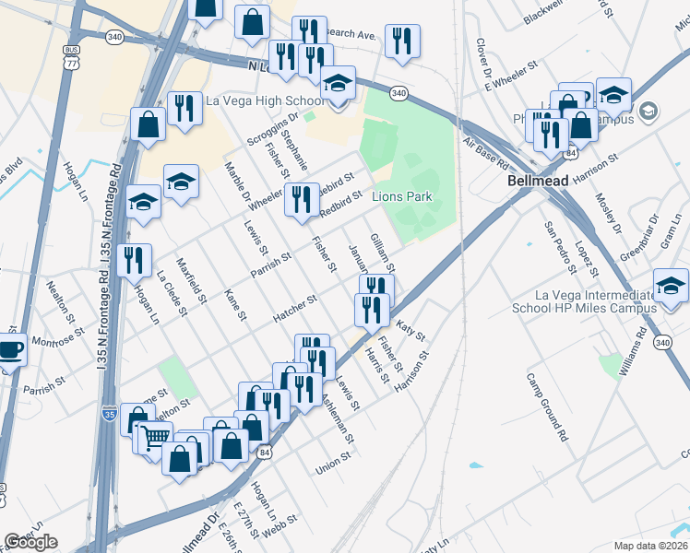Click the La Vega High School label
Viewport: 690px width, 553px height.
point(265,100)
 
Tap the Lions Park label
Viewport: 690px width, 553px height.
point(402,196)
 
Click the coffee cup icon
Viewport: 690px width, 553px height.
point(10,350)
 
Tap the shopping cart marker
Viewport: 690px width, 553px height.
point(156,438)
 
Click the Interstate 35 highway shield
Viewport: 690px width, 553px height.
point(109,414)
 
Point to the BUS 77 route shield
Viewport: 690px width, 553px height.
point(71,57)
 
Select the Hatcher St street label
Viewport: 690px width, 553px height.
point(294,310)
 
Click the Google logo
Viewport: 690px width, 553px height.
point(31,542)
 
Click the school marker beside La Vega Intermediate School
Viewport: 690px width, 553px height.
point(670,287)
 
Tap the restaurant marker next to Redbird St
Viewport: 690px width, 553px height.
point(301,200)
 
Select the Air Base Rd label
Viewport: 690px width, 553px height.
point(486,151)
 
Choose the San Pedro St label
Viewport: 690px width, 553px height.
point(559,248)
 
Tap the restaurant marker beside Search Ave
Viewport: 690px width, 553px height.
point(401,41)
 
